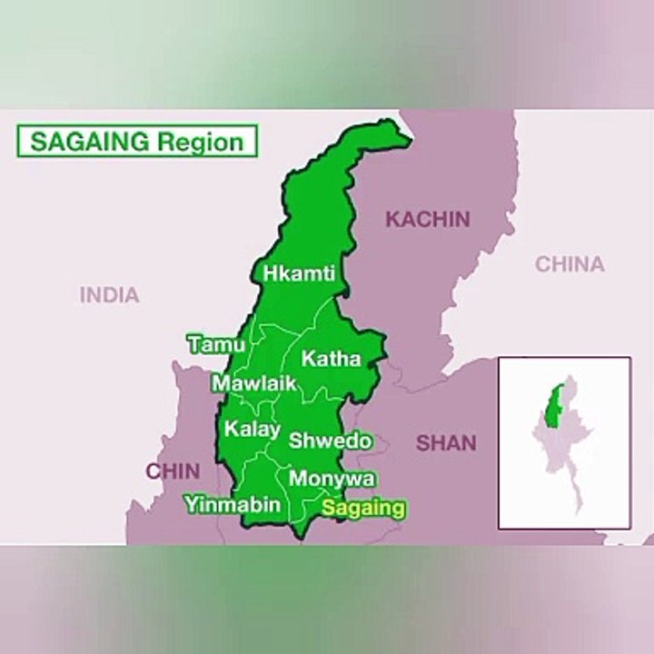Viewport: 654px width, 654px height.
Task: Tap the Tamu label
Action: click(x=216, y=344)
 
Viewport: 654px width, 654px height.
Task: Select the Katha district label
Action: click(x=331, y=359)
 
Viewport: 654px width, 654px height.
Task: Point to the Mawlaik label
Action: click(x=254, y=383)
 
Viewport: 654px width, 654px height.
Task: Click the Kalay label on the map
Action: click(x=252, y=429)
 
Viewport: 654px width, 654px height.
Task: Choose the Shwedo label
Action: click(x=330, y=441)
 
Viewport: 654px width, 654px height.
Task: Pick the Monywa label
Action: click(x=332, y=479)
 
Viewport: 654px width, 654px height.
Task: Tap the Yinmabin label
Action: click(x=233, y=504)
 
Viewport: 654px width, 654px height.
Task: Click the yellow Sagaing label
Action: click(x=363, y=508)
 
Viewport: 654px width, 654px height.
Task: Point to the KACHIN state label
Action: click(x=428, y=219)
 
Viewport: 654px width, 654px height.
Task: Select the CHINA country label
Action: click(x=570, y=264)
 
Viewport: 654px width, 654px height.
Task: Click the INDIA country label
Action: click(x=109, y=294)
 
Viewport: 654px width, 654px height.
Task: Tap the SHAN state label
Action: click(x=446, y=443)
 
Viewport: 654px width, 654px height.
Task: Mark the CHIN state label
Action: click(x=173, y=471)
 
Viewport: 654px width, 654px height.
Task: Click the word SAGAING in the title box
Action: click(x=91, y=142)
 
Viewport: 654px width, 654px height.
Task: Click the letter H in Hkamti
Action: click(x=270, y=272)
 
